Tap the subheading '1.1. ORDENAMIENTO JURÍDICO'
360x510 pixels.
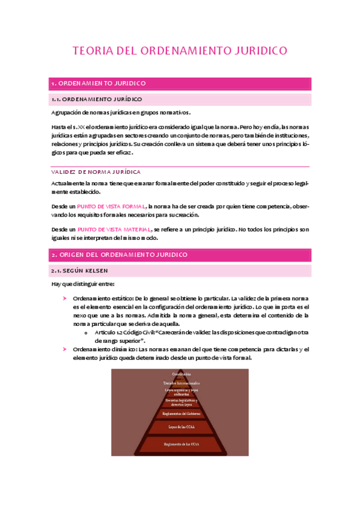(97, 99)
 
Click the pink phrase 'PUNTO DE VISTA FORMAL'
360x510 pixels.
(112, 206)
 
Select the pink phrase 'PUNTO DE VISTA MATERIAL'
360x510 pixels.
(115, 230)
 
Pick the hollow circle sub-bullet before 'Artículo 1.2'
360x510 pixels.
(87, 333)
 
